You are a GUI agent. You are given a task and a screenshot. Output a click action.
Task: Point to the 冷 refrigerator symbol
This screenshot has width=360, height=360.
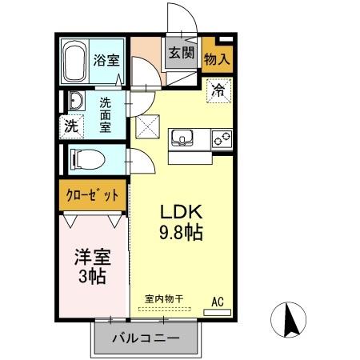[x=218, y=90]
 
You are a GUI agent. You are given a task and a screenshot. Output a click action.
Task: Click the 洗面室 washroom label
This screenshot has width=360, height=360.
[x=106, y=114]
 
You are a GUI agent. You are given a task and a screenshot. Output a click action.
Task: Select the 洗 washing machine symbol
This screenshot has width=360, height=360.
[x=71, y=125]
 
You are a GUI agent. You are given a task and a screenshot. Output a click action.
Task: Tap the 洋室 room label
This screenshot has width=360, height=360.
[x=92, y=259]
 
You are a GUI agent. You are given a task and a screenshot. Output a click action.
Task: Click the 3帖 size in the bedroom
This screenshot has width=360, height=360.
[x=92, y=278]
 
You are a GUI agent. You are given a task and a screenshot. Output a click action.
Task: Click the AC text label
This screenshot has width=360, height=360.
[x=217, y=301]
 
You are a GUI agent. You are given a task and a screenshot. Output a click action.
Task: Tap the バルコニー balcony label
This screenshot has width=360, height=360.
[x=145, y=338]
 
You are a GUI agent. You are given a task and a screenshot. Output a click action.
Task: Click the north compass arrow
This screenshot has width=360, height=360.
[x=291, y=322]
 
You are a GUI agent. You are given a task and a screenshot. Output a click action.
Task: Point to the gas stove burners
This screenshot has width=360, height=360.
[x=221, y=139]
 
